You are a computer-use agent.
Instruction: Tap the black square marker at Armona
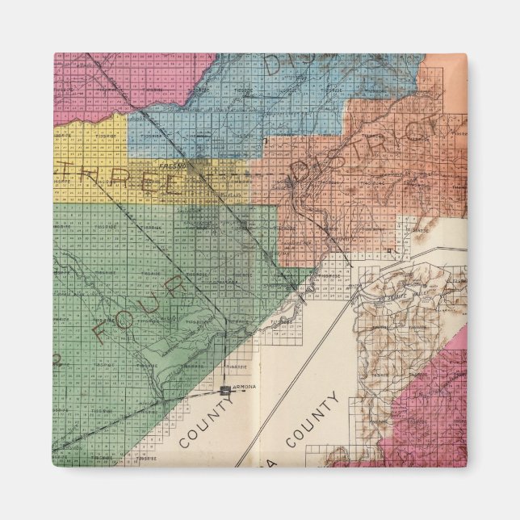[224, 389]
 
